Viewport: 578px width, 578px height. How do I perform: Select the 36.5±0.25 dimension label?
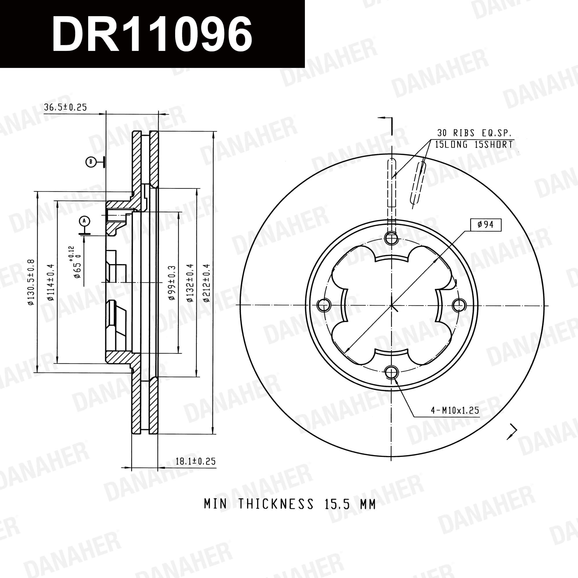click(x=65, y=107)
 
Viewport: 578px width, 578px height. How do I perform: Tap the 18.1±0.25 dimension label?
click(x=195, y=461)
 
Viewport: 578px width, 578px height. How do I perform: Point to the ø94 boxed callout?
click(x=485, y=224)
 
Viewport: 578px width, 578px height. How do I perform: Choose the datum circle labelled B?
click(x=90, y=162)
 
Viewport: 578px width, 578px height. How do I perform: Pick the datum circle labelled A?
click(x=84, y=221)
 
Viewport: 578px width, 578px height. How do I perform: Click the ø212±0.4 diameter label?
click(x=207, y=283)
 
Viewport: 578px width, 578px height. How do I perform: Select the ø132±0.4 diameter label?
click(x=190, y=283)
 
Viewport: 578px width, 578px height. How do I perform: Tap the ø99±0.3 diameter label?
click(x=171, y=283)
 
